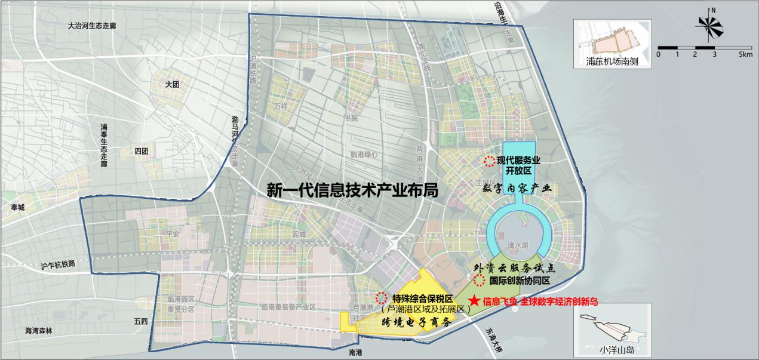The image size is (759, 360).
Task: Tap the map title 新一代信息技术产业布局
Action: (x=353, y=190)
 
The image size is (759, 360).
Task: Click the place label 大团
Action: (x=173, y=85)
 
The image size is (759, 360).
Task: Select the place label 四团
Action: (x=142, y=152)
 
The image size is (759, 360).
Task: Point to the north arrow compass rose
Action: (x=711, y=27)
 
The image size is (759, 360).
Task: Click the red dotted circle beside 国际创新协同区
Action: (x=479, y=280)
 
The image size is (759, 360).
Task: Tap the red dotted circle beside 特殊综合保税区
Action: (x=382, y=297)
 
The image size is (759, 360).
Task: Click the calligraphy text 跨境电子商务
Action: (x=417, y=321)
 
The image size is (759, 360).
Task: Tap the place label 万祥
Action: (x=281, y=105)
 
